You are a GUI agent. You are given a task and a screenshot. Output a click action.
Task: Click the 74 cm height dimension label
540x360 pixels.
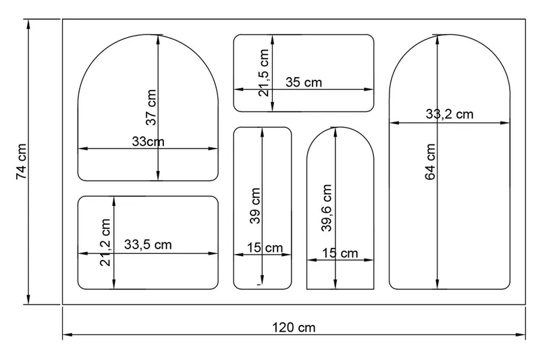click(21, 161)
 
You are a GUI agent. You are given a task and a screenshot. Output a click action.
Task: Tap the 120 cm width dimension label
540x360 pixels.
click(294, 328)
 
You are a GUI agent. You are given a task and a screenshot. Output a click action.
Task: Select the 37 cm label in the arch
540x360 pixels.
click(151, 107)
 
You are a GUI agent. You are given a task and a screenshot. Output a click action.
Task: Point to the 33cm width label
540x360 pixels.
click(148, 141)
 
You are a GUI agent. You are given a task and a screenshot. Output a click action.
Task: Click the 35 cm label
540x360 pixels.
click(304, 82)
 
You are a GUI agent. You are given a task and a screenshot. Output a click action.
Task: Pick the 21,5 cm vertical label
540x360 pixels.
click(263, 73)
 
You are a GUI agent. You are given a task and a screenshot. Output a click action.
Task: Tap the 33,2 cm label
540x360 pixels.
click(450, 113)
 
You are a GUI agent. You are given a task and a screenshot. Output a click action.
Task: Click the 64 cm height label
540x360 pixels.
click(431, 162)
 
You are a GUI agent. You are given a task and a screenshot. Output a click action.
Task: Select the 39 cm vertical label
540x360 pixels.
click(255, 206)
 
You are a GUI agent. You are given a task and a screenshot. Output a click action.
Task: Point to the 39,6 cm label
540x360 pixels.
click(327, 208)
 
